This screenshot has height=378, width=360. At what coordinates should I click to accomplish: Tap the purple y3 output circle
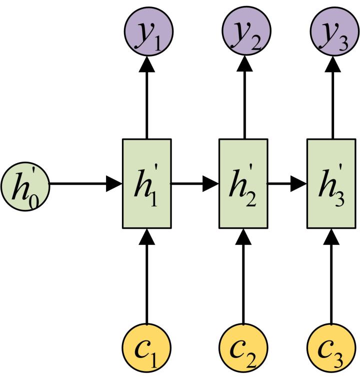330,33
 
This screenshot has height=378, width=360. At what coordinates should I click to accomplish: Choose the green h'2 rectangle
243,184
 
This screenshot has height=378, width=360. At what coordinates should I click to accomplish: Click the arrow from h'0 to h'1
85,184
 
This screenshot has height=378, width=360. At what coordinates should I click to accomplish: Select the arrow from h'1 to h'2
195,184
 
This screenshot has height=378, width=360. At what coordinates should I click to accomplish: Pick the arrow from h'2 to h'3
287,184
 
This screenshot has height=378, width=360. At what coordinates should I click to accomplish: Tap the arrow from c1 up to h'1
146,275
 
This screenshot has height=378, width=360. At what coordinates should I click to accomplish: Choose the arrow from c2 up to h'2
243,275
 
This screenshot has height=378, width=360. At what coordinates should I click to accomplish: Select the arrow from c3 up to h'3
330,275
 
